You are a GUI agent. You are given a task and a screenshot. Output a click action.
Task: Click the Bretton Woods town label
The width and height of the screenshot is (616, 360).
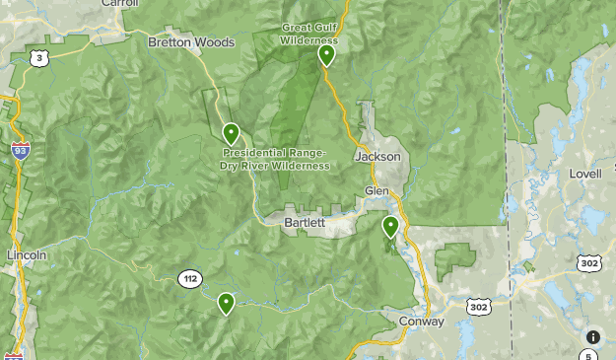pyautogui.click(x=191, y=42)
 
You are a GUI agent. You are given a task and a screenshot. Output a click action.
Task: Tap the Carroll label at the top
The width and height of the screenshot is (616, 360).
pyautogui.click(x=119, y=4)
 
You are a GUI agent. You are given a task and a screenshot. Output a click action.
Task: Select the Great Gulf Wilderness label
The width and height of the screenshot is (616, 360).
pyautogui.click(x=308, y=34)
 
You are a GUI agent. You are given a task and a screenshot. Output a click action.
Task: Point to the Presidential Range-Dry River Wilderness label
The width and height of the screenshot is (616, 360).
pyautogui.click(x=275, y=159)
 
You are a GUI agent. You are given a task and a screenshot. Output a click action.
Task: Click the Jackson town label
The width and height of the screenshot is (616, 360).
pyautogui.click(x=378, y=157)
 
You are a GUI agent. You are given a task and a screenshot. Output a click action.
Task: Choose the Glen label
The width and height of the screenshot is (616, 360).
pyautogui.click(x=377, y=190)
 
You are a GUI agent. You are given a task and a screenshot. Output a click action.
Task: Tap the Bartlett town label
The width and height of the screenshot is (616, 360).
pyautogui.click(x=305, y=223)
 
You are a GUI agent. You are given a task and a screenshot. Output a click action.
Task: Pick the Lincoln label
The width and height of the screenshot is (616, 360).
pyautogui.click(x=27, y=254)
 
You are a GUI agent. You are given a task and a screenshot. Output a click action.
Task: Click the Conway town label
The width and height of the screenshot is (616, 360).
pyautogui.click(x=422, y=322)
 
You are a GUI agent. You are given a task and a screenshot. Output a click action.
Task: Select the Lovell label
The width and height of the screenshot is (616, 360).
pyautogui.click(x=584, y=174)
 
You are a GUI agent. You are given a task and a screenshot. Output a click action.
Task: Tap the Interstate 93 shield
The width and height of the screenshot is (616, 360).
pyautogui.click(x=20, y=150)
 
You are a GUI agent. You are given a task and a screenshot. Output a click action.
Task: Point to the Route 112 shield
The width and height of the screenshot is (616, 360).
pyautogui.click(x=189, y=279)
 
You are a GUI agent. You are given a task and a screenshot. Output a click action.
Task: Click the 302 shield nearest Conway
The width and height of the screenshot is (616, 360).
pyautogui.click(x=479, y=307)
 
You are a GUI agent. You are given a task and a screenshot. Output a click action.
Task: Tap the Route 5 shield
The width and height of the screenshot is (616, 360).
pyautogui.click(x=588, y=355)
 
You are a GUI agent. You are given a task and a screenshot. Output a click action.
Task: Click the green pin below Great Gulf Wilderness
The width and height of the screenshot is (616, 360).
pyautogui.click(x=326, y=54)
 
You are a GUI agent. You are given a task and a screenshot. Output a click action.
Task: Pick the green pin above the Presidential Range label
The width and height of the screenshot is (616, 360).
pyautogui.click(x=231, y=132)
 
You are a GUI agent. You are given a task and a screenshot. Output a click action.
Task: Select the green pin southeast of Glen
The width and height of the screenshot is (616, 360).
pyautogui.click(x=390, y=226)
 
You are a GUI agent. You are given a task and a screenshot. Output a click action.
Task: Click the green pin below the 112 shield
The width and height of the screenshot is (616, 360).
pyautogui.click(x=227, y=302)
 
